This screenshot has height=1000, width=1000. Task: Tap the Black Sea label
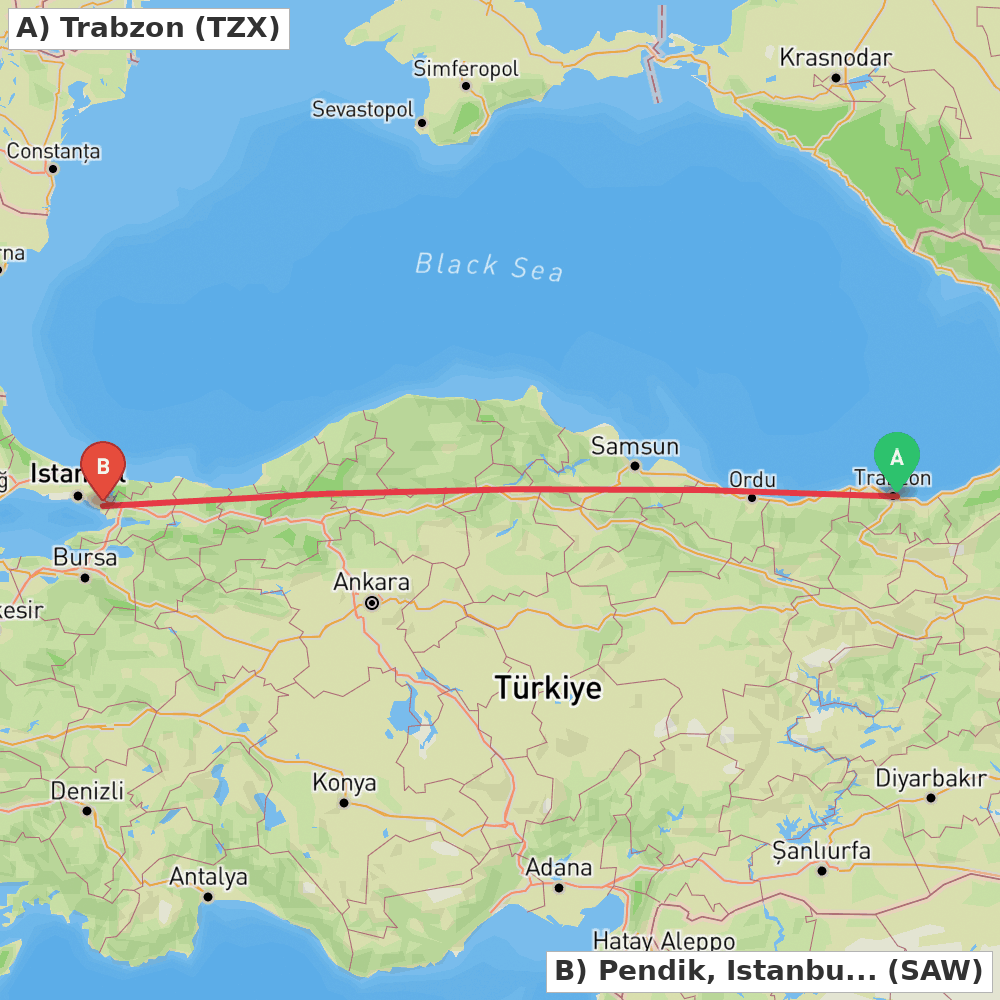coord(489,266)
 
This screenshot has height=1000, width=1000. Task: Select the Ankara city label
coord(371,582)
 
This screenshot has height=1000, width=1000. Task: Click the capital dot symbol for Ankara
coord(372,603)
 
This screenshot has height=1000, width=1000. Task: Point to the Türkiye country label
coord(548,688)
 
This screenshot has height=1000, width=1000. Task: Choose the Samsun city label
coord(635,447)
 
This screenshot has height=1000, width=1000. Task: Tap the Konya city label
coord(344,783)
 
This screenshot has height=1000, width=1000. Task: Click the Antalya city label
coord(208,877)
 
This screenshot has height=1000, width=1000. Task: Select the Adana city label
coord(559,867)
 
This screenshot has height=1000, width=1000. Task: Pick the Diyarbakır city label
coord(931,778)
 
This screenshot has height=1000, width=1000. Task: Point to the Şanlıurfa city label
coord(822,851)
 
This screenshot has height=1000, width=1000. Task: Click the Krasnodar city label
coord(835,58)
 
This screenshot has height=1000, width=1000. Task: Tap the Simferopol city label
coord(466,69)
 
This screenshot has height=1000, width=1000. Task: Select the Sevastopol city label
coord(363,110)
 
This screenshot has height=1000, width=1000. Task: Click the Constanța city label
coord(54,152)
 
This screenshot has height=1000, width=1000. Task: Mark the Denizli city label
coord(87,791)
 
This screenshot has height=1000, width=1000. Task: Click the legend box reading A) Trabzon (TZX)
coord(148,28)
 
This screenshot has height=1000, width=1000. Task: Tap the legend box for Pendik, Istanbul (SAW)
coord(769,970)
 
